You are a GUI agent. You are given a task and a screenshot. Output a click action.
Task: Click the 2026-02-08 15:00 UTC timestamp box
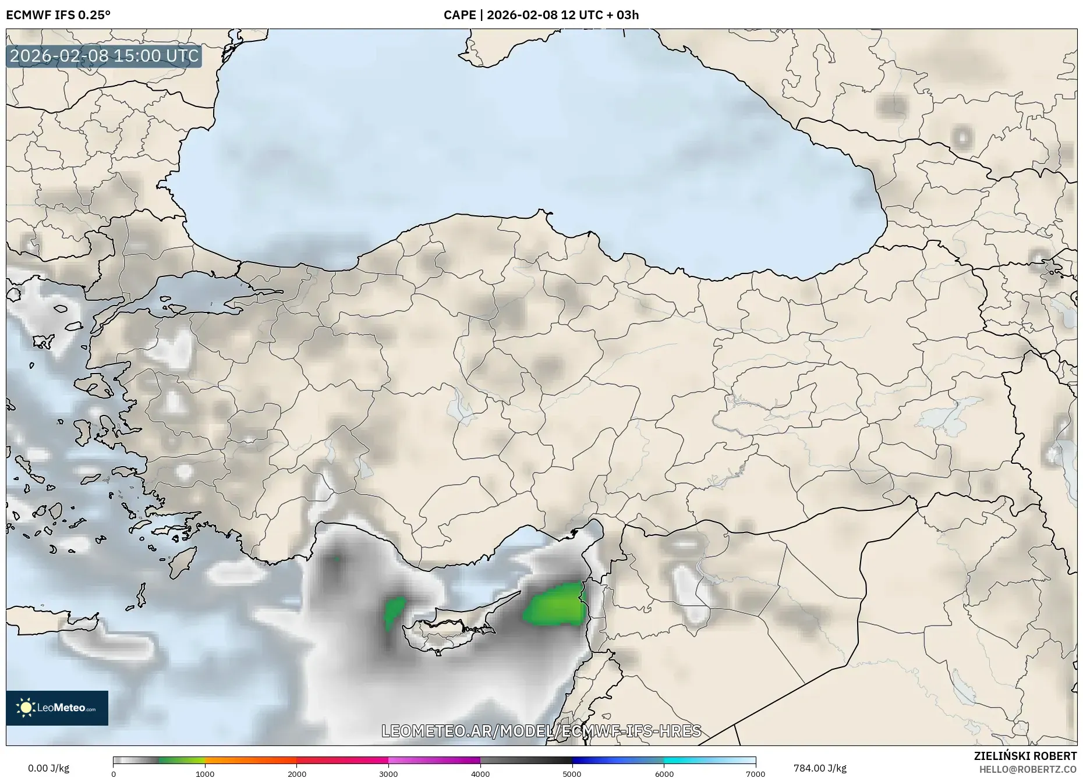click(104, 56)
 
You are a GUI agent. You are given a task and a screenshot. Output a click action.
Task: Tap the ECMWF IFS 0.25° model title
click(58, 15)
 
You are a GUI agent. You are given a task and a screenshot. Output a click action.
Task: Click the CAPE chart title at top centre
click(541, 15)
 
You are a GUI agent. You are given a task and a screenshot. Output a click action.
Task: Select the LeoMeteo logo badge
click(57, 708)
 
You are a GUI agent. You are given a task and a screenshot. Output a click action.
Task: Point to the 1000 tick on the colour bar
click(205, 774)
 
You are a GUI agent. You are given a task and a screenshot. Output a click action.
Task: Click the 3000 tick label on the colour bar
click(388, 774)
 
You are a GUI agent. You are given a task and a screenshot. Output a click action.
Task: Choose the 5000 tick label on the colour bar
click(572, 774)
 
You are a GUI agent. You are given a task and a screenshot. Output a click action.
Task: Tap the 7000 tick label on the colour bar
click(755, 774)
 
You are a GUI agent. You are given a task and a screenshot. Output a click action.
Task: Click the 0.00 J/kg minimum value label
click(48, 768)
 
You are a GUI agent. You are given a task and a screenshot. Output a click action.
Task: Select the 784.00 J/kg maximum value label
click(820, 768)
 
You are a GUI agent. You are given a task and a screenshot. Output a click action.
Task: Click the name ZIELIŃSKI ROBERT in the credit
click(1025, 756)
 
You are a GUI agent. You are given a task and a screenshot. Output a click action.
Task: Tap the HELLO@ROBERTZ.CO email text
click(1028, 769)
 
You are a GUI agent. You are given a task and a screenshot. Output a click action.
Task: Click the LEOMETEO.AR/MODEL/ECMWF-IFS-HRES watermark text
click(541, 731)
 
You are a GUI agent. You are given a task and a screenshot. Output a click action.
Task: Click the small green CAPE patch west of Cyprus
click(394, 611)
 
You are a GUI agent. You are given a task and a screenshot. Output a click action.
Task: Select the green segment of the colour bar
click(182, 761)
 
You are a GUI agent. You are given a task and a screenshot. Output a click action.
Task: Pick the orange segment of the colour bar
click(250, 761)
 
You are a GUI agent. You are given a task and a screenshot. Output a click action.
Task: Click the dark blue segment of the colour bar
click(606, 761)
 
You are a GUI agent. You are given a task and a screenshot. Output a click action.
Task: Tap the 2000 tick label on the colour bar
click(297, 774)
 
